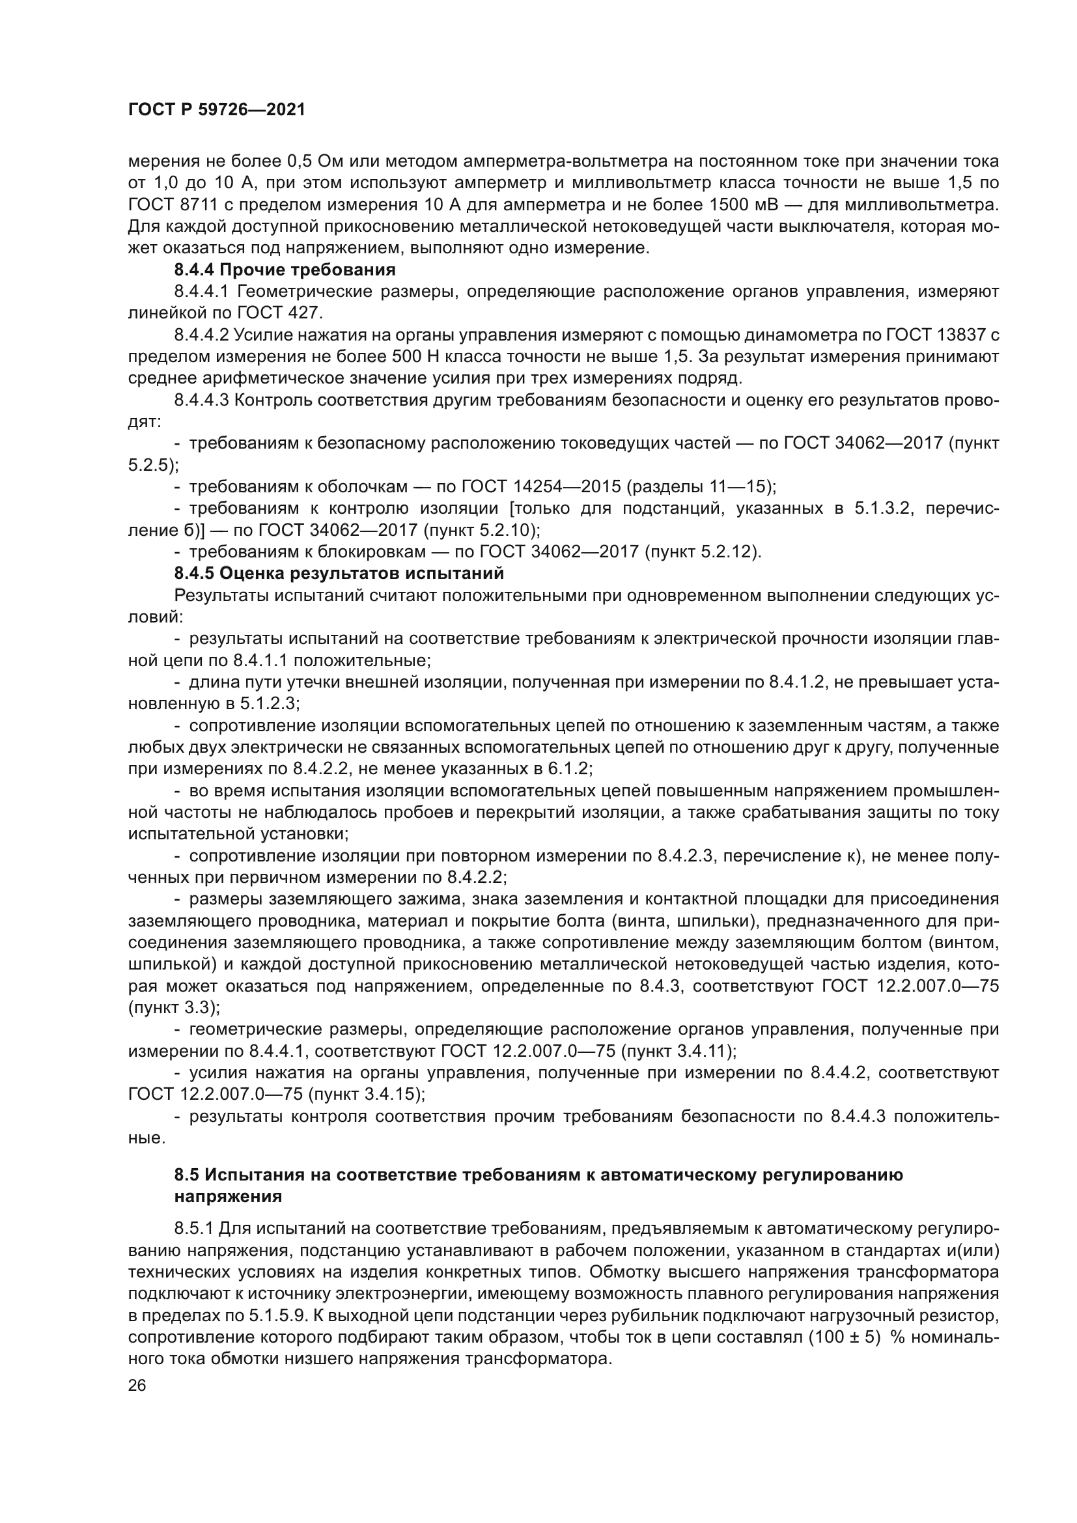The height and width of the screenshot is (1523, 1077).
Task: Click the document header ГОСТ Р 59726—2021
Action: [x=216, y=110]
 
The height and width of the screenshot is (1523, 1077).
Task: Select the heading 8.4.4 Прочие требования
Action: [x=285, y=270]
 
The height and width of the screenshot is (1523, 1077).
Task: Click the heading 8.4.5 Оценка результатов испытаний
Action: [x=339, y=573]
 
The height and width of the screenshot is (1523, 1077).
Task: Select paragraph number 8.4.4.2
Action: [x=202, y=335]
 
